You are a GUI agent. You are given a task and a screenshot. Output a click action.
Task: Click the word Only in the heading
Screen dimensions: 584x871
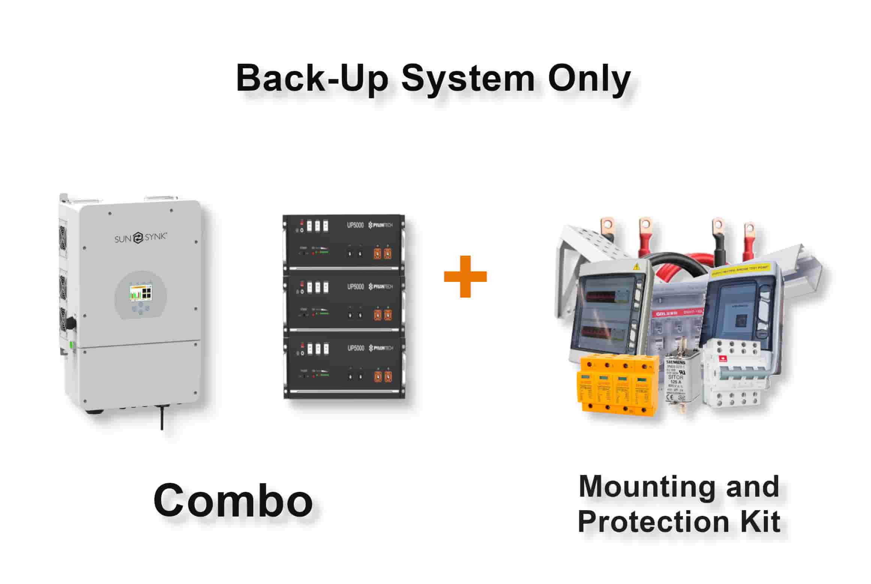point(589,79)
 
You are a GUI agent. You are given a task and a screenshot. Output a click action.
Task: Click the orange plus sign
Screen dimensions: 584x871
point(465,277)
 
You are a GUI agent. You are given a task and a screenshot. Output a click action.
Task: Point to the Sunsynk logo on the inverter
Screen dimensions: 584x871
point(140,237)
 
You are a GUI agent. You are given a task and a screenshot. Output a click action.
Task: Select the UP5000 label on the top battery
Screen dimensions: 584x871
point(355,226)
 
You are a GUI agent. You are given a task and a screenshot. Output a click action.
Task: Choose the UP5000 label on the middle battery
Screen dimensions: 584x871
point(355,287)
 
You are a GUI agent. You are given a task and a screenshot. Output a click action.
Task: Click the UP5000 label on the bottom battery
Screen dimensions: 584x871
point(355,348)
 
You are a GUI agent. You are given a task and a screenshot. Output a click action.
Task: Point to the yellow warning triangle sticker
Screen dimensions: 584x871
point(636,267)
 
